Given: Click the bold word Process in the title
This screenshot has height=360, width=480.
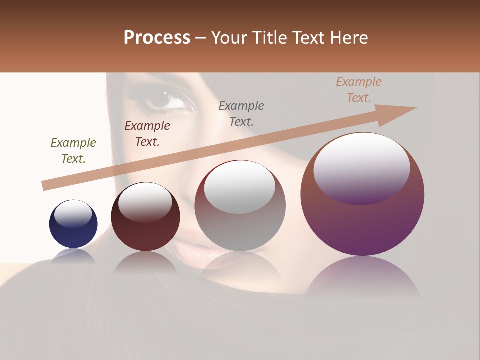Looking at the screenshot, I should [x=157, y=38].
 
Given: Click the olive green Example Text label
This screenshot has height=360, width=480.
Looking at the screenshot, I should [x=73, y=151].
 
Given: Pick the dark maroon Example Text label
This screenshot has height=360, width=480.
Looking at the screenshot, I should [x=147, y=134].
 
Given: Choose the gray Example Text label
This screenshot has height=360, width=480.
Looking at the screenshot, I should [x=241, y=113].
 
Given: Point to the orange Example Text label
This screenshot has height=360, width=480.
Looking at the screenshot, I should [x=358, y=90].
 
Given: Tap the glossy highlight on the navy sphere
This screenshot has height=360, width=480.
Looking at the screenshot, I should [x=73, y=213].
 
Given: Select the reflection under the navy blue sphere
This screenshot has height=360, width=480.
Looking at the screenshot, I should [x=73, y=256].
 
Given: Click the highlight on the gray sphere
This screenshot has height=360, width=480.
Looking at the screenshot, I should [x=240, y=187].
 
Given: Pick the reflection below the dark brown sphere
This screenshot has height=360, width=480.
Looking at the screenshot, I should [x=145, y=263].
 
